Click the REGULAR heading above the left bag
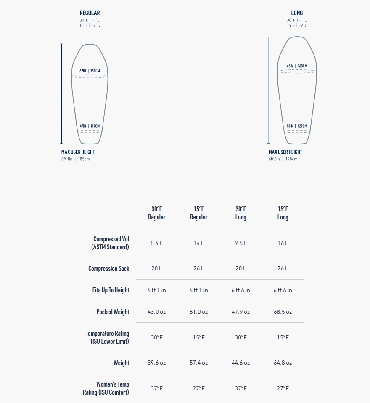click(90, 13)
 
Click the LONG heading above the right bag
click(297, 13)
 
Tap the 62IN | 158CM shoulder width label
click(90, 71)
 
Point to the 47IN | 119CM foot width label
click(90, 126)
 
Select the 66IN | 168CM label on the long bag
click(297, 66)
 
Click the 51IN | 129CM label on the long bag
click(297, 126)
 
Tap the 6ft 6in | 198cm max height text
click(283, 159)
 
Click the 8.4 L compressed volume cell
click(157, 243)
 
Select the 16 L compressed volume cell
click(283, 243)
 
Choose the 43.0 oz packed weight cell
click(157, 312)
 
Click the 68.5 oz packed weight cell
click(283, 312)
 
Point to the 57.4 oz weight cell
click(199, 363)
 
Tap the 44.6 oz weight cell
click(241, 363)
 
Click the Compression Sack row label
click(109, 269)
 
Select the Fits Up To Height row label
click(111, 290)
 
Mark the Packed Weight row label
click(113, 312)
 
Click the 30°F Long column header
click(241, 213)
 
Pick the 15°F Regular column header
click(199, 213)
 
